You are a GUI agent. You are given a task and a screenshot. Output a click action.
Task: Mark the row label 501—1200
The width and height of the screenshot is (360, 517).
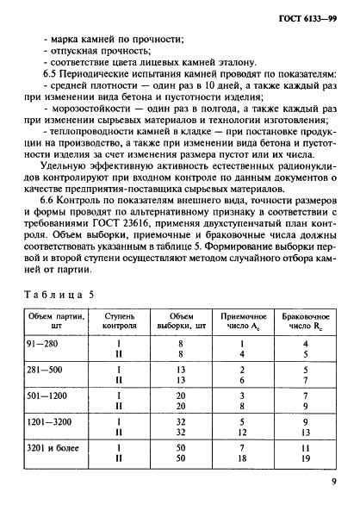click(x=52, y=394)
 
